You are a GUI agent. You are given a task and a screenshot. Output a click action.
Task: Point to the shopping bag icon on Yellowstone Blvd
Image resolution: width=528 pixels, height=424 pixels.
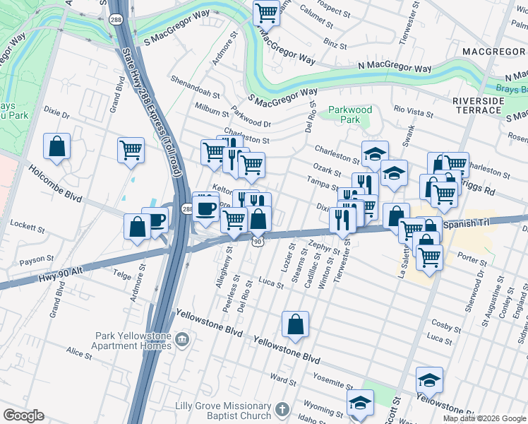[295, 324]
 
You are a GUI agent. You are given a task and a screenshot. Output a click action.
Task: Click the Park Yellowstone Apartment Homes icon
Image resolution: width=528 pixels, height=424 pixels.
[182, 340]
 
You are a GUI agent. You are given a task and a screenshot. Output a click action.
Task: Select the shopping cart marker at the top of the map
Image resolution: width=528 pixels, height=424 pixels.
[266, 12]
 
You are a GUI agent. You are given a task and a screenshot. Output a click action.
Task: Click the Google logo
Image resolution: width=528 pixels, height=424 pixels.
[24, 416]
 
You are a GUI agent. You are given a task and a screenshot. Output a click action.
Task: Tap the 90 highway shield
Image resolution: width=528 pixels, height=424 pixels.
[258, 241]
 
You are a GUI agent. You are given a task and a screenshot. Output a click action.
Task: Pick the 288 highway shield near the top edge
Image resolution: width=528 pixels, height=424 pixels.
[114, 19]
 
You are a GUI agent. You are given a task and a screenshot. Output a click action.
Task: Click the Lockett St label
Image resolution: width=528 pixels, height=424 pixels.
[27, 228]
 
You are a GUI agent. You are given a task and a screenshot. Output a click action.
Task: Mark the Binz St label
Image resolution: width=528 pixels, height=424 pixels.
[331, 43]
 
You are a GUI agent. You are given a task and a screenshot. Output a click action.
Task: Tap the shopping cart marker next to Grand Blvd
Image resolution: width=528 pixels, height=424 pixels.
[131, 151]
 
